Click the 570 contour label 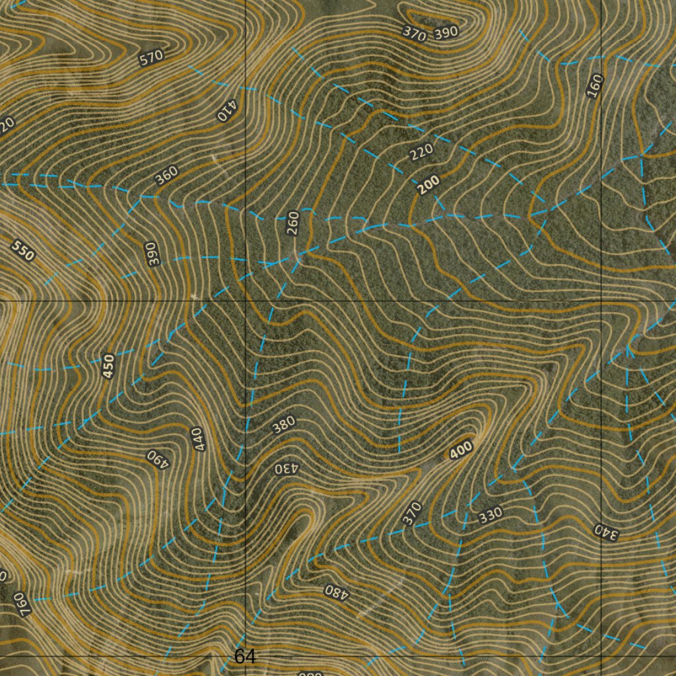click(151, 58)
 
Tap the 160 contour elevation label click(595, 86)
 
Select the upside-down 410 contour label click(226, 112)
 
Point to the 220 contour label click(421, 152)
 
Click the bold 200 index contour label click(428, 186)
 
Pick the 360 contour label click(166, 176)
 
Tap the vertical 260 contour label click(293, 223)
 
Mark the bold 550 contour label click(23, 251)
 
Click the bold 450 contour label click(109, 366)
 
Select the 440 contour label click(199, 439)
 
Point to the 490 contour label click(158, 458)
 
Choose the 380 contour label click(284, 426)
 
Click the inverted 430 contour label click(287, 469)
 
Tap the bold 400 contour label click(461, 450)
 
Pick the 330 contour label click(490, 514)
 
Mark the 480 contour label click(335, 591)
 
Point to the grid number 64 click(244, 656)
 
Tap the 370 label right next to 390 click(414, 34)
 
